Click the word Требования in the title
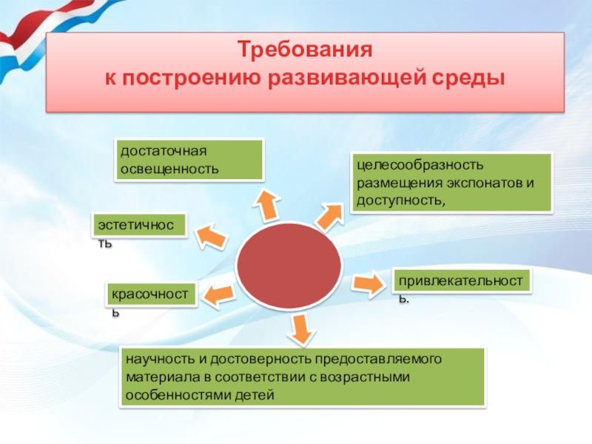303,52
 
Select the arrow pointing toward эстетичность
209,236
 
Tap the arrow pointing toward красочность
219,296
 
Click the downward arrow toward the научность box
299,329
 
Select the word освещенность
169,168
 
